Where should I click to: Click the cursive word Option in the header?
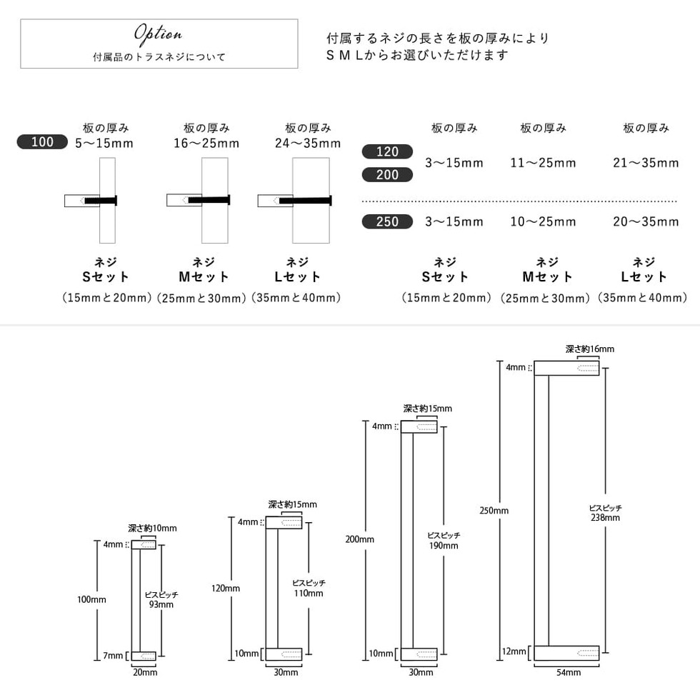(x=159, y=34)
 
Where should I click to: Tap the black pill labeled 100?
(x=42, y=142)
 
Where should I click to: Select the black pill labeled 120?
(x=387, y=151)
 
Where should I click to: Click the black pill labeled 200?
(x=387, y=175)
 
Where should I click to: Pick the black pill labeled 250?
(x=387, y=221)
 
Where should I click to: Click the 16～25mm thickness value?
(x=206, y=143)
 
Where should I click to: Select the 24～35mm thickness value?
(x=308, y=143)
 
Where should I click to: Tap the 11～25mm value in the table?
(x=543, y=163)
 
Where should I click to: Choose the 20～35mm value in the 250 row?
(x=646, y=221)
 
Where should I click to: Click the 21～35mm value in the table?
(x=646, y=163)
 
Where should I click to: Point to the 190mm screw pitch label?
(x=444, y=546)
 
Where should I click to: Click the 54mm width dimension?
(x=566, y=672)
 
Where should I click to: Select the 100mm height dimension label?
(x=91, y=599)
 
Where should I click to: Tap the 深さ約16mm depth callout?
(x=589, y=349)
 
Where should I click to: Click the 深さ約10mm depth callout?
(x=152, y=529)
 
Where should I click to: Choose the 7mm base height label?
(x=112, y=656)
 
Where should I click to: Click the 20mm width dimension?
(x=145, y=672)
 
